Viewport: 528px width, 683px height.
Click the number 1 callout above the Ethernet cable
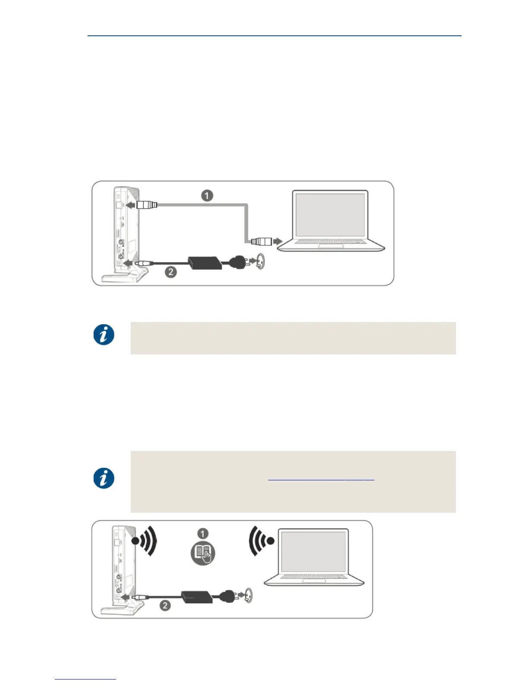click(207, 196)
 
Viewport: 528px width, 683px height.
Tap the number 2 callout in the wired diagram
click(171, 272)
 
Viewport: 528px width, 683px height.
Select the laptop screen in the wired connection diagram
click(330, 214)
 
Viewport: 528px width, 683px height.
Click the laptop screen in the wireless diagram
click(313, 552)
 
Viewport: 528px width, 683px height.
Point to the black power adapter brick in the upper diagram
click(205, 263)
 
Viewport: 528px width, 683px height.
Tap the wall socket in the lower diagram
click(248, 595)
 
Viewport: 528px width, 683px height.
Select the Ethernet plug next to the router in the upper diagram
click(147, 205)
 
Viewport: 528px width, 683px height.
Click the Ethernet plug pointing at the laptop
click(261, 241)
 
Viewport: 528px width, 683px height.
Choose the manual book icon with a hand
click(202, 554)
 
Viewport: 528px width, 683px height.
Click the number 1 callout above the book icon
click(202, 534)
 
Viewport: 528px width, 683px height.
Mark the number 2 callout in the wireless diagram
click(165, 605)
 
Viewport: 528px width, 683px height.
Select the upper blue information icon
click(104, 335)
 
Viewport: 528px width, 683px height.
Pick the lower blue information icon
click(104, 478)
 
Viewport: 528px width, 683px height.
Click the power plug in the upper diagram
click(238, 262)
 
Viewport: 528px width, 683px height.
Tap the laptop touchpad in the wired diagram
click(331, 246)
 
